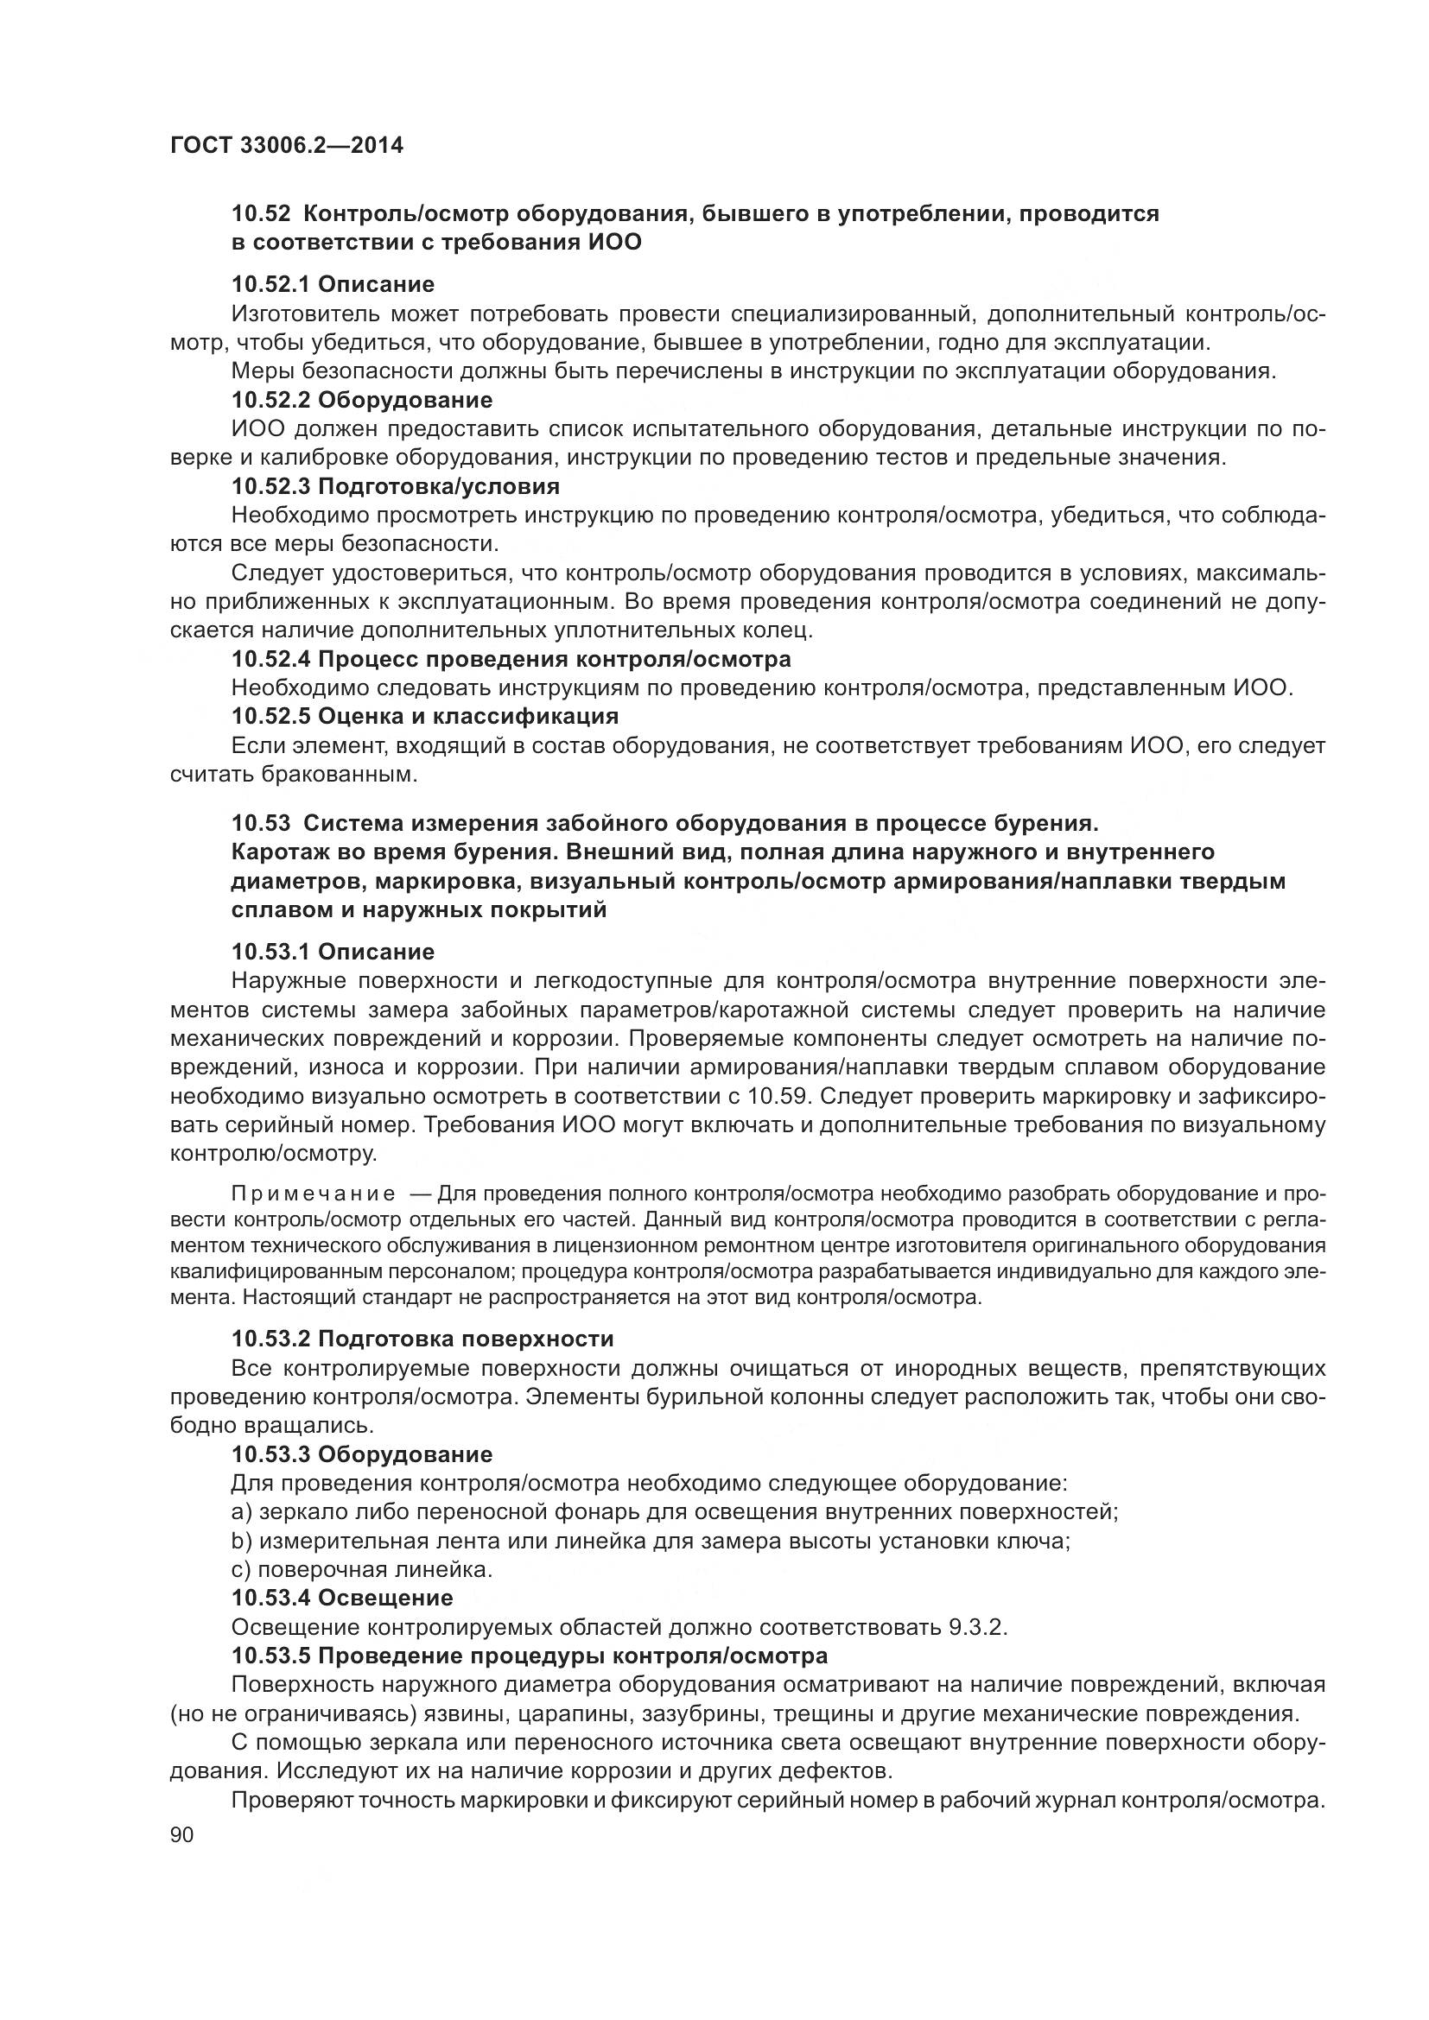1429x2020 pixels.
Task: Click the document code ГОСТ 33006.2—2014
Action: coord(286,146)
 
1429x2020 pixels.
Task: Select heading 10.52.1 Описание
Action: coord(333,284)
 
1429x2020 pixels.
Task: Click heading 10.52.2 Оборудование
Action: coord(362,401)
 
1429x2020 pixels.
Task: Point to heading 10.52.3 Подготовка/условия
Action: coord(395,486)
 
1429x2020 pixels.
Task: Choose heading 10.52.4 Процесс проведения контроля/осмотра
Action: coord(511,659)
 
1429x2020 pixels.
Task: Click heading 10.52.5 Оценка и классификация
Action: coord(424,715)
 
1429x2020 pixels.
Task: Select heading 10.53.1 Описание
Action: coord(333,952)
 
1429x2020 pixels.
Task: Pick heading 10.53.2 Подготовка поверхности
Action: coord(422,1339)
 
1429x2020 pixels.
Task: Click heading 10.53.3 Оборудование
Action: coord(362,1454)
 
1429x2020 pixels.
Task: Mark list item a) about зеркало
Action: coord(674,1512)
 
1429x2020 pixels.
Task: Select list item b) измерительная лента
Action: coord(651,1542)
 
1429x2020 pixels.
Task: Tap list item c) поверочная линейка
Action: coord(362,1569)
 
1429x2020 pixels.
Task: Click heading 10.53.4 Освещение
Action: coord(342,1598)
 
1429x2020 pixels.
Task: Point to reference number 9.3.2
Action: coord(977,1627)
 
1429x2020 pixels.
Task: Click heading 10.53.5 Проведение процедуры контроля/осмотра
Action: coord(529,1656)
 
